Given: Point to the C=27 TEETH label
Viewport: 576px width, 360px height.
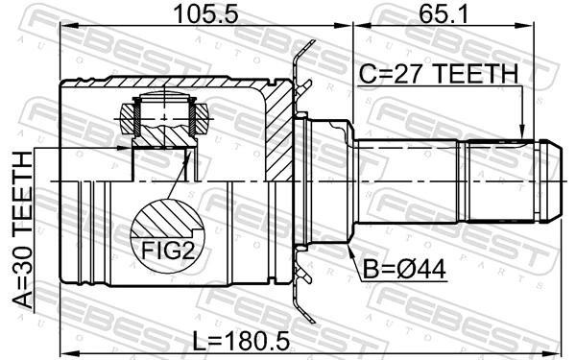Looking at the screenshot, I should [438, 73].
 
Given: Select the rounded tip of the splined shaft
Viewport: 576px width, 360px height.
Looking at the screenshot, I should [548, 180].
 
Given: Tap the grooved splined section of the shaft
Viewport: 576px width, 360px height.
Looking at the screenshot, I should [499, 180].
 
